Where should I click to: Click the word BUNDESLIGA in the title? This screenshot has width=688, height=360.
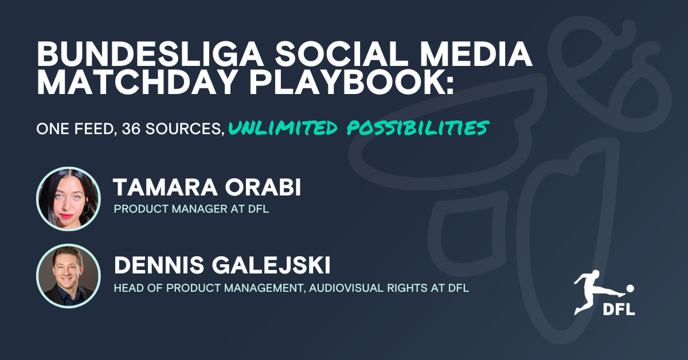(x=150, y=54)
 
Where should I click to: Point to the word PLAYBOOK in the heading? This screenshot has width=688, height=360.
(x=347, y=82)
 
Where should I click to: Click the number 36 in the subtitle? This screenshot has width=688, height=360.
(x=131, y=129)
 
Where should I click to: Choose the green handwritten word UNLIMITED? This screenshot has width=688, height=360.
(x=283, y=128)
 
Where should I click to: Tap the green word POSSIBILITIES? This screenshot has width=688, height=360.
(x=418, y=128)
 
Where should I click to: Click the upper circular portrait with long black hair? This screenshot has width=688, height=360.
(x=68, y=199)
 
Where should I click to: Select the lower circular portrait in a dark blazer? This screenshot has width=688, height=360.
(x=68, y=276)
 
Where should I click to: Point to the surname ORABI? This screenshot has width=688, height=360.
(x=263, y=187)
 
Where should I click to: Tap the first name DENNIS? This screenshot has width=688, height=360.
(x=159, y=265)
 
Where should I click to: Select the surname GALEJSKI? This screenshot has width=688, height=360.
(x=271, y=265)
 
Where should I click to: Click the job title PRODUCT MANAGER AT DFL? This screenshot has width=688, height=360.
(x=191, y=209)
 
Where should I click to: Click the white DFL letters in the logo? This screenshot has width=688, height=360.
(x=619, y=310)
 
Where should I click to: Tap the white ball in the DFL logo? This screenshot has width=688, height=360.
(x=630, y=288)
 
